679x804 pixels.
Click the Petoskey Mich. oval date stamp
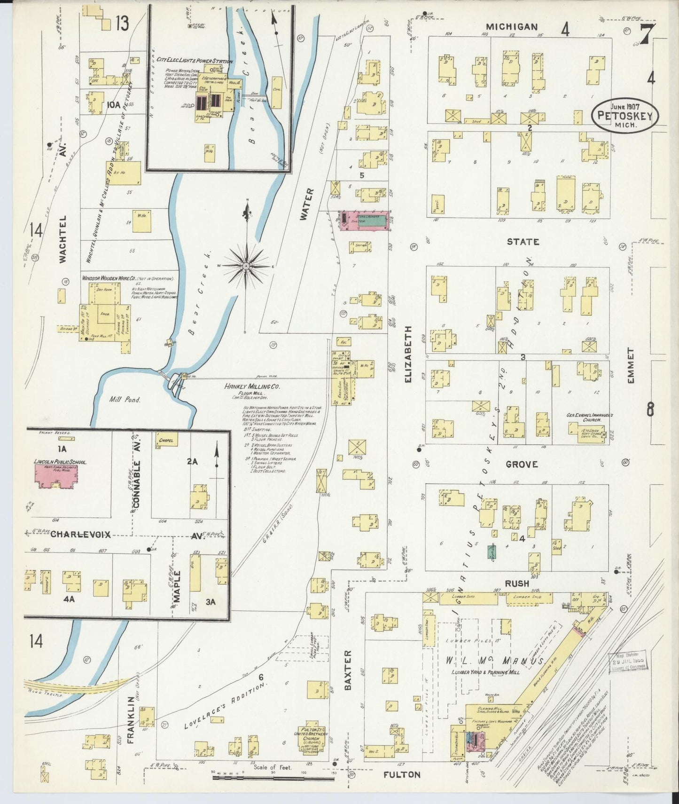pyautogui.click(x=625, y=115)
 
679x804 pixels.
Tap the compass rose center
pyautogui.click(x=246, y=266)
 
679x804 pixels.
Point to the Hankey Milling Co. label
pyautogui.click(x=252, y=386)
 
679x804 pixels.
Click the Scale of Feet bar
pyautogui.click(x=273, y=778)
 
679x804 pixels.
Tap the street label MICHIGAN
pyautogui.click(x=512, y=27)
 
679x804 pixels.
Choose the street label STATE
pyautogui.click(x=523, y=242)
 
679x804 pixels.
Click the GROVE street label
pyautogui.click(x=522, y=464)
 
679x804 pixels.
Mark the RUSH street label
pyautogui.click(x=517, y=583)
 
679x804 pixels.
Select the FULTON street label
pyautogui.click(x=402, y=774)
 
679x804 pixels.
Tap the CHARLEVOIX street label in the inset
pyautogui.click(x=80, y=535)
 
